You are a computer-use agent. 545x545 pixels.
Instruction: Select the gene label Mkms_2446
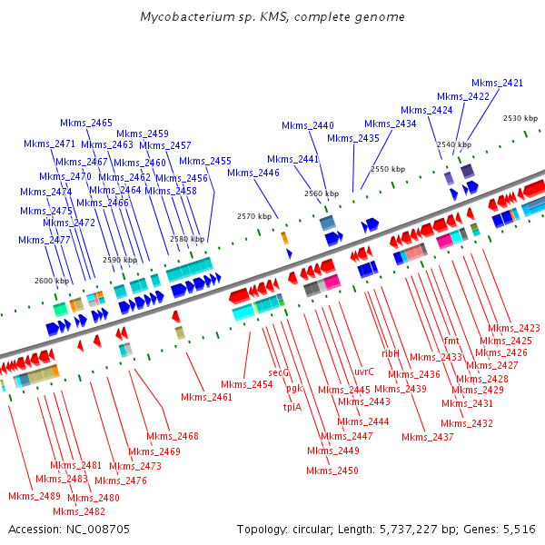click(253, 173)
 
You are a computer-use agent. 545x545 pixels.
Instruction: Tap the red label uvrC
click(364, 371)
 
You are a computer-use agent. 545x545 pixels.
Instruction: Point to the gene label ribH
click(391, 352)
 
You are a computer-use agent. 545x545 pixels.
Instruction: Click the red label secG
click(279, 372)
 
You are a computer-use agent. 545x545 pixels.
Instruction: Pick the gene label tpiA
click(292, 407)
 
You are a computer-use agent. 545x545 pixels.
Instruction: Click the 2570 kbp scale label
click(254, 216)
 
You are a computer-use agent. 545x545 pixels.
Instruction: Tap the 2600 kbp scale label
click(51, 281)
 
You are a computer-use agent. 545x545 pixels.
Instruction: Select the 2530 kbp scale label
click(520, 118)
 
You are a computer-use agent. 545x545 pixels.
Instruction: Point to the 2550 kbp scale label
click(388, 169)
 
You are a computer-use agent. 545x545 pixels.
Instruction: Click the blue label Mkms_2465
click(86, 123)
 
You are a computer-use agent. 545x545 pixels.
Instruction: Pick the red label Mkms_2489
click(35, 496)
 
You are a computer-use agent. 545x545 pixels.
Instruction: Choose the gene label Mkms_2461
click(206, 397)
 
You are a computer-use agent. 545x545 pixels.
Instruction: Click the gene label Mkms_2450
click(332, 471)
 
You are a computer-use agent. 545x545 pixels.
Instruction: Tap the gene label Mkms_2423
click(514, 329)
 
